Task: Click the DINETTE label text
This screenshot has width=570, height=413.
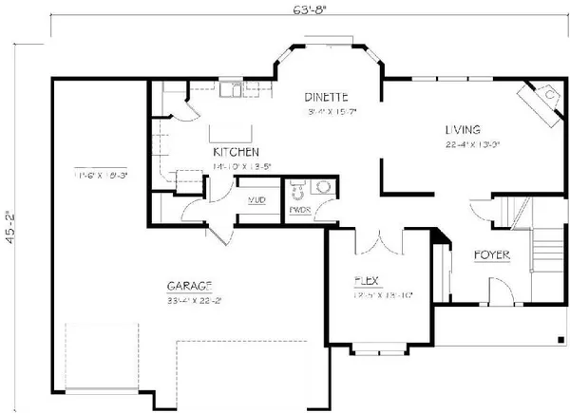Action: [x=325, y=97]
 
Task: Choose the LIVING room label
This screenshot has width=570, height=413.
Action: [x=462, y=129]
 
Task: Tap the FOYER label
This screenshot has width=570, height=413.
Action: [x=491, y=254]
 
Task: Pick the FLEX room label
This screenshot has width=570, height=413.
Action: [x=368, y=280]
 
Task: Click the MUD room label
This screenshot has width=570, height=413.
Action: [x=256, y=201]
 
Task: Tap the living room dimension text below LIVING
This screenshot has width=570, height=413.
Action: [x=469, y=145]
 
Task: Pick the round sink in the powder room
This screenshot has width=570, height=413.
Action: [x=325, y=188]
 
